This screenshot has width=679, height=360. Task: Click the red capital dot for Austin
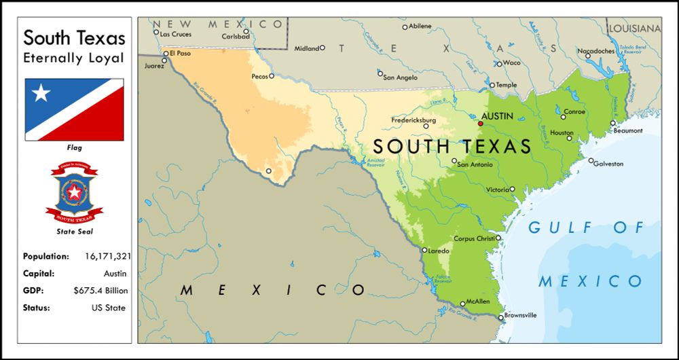tap(481, 124)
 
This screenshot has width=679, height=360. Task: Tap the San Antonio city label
tap(474, 164)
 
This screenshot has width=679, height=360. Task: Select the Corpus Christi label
tap(474, 238)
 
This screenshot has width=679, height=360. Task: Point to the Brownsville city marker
tap(501, 317)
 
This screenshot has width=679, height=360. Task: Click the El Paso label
tap(181, 53)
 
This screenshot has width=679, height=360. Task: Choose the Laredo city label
tap(439, 251)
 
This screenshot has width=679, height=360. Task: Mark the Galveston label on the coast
tap(608, 164)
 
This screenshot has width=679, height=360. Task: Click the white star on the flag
tap(41, 93)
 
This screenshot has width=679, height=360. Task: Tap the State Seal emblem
tap(74, 192)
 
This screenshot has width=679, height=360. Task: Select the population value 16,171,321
tap(108, 257)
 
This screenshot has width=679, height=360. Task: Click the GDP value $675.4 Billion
tap(100, 291)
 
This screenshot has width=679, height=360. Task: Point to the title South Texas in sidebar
tap(74, 38)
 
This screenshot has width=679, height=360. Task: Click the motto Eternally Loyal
tap(74, 58)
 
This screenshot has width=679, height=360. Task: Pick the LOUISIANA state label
tap(634, 29)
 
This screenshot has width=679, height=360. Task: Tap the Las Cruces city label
tap(176, 34)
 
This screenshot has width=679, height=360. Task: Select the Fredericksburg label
tap(414, 120)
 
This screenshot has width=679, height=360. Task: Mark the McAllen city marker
tap(463, 304)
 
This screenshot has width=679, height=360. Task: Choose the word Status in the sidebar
tap(37, 308)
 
